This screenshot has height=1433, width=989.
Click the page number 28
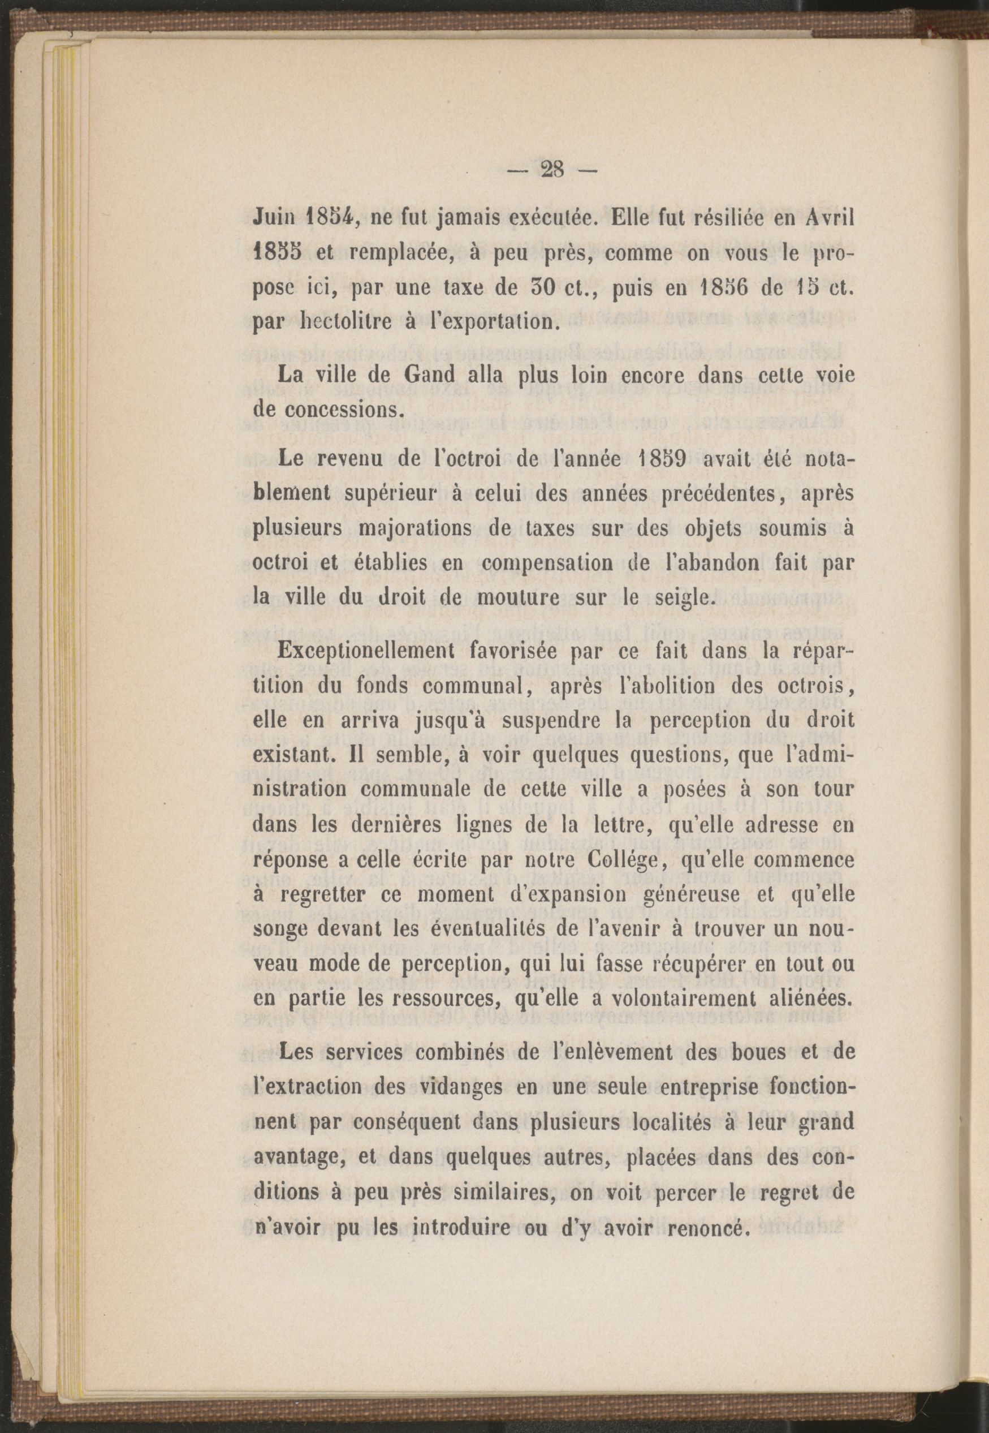click(551, 170)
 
